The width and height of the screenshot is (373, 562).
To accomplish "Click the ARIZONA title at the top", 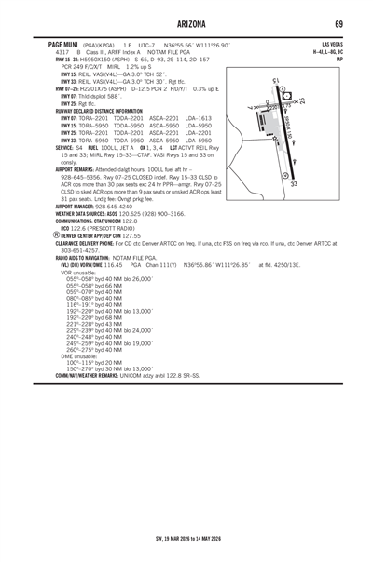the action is (186, 22).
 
